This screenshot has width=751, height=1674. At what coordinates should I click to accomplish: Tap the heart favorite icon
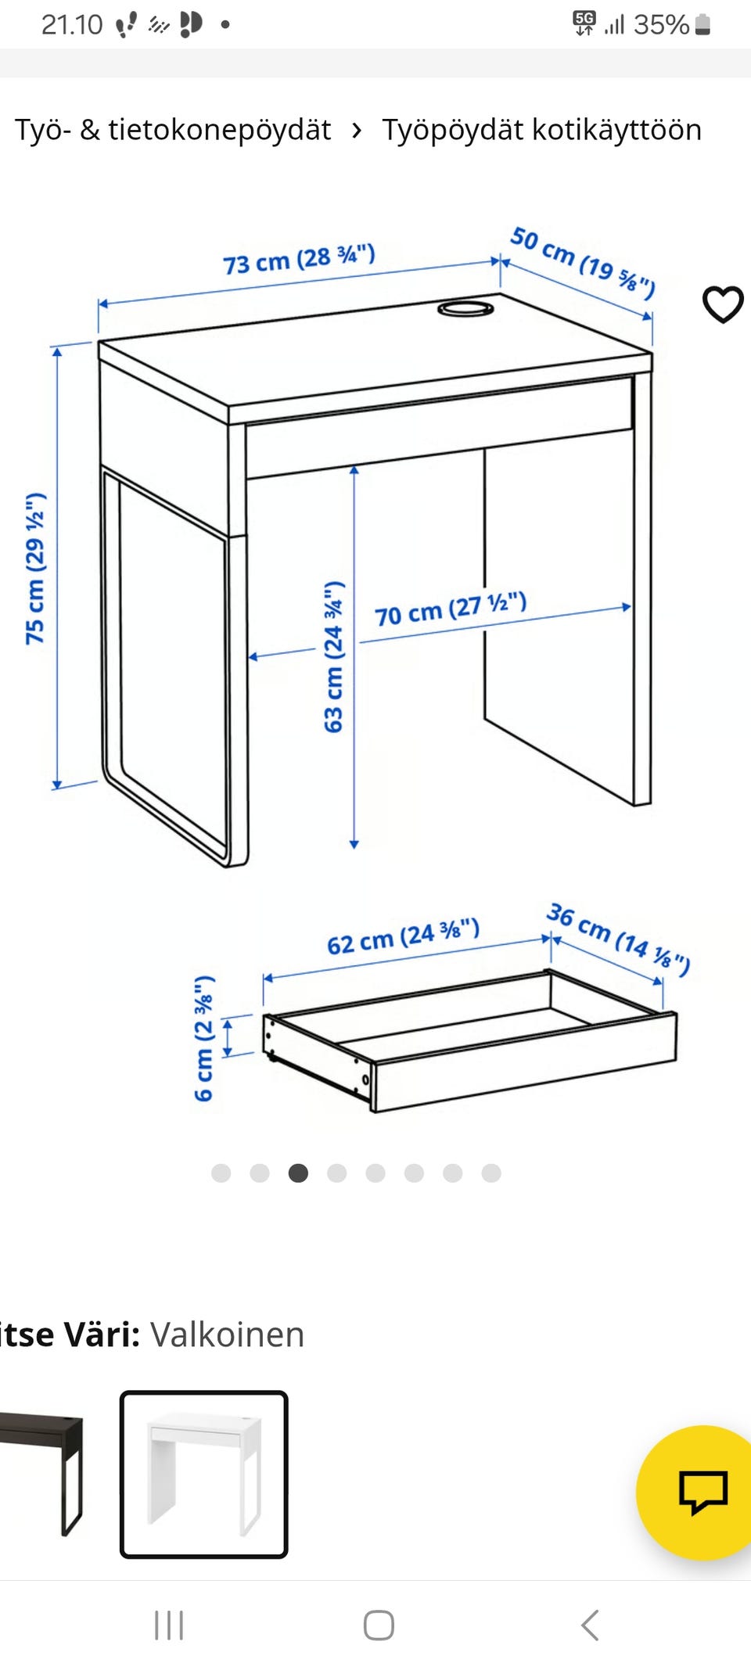pyautogui.click(x=723, y=304)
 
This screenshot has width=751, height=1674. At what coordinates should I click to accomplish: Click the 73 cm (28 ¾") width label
pyautogui.click(x=300, y=259)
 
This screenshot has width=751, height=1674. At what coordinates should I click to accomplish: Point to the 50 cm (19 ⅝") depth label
pyautogui.click(x=583, y=263)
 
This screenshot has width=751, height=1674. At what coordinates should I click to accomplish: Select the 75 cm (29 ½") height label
pyautogui.click(x=35, y=569)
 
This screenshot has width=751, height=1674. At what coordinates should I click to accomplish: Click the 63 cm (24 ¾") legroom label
pyautogui.click(x=334, y=657)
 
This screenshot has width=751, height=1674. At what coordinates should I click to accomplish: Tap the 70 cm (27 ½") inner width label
pyautogui.click(x=451, y=609)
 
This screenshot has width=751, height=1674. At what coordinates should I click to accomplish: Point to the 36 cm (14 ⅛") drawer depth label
pyautogui.click(x=618, y=939)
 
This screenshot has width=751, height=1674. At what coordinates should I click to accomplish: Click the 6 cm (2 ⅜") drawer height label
pyautogui.click(x=203, y=1038)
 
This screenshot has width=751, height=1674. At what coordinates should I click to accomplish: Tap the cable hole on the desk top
pyautogui.click(x=466, y=307)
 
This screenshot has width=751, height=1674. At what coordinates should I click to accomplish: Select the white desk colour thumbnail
pyautogui.click(x=204, y=1475)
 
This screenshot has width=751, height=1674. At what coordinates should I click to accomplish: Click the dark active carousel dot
pyautogui.click(x=298, y=1173)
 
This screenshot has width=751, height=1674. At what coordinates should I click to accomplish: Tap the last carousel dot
pyautogui.click(x=491, y=1173)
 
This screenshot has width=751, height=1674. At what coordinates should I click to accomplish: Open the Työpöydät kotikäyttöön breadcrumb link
pyautogui.click(x=541, y=130)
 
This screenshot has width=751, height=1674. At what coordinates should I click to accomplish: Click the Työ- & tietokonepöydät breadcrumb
pyautogui.click(x=173, y=130)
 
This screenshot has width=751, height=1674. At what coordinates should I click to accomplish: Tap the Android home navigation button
pyautogui.click(x=379, y=1625)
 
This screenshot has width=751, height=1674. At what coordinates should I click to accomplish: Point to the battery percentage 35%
pyautogui.click(x=661, y=25)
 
